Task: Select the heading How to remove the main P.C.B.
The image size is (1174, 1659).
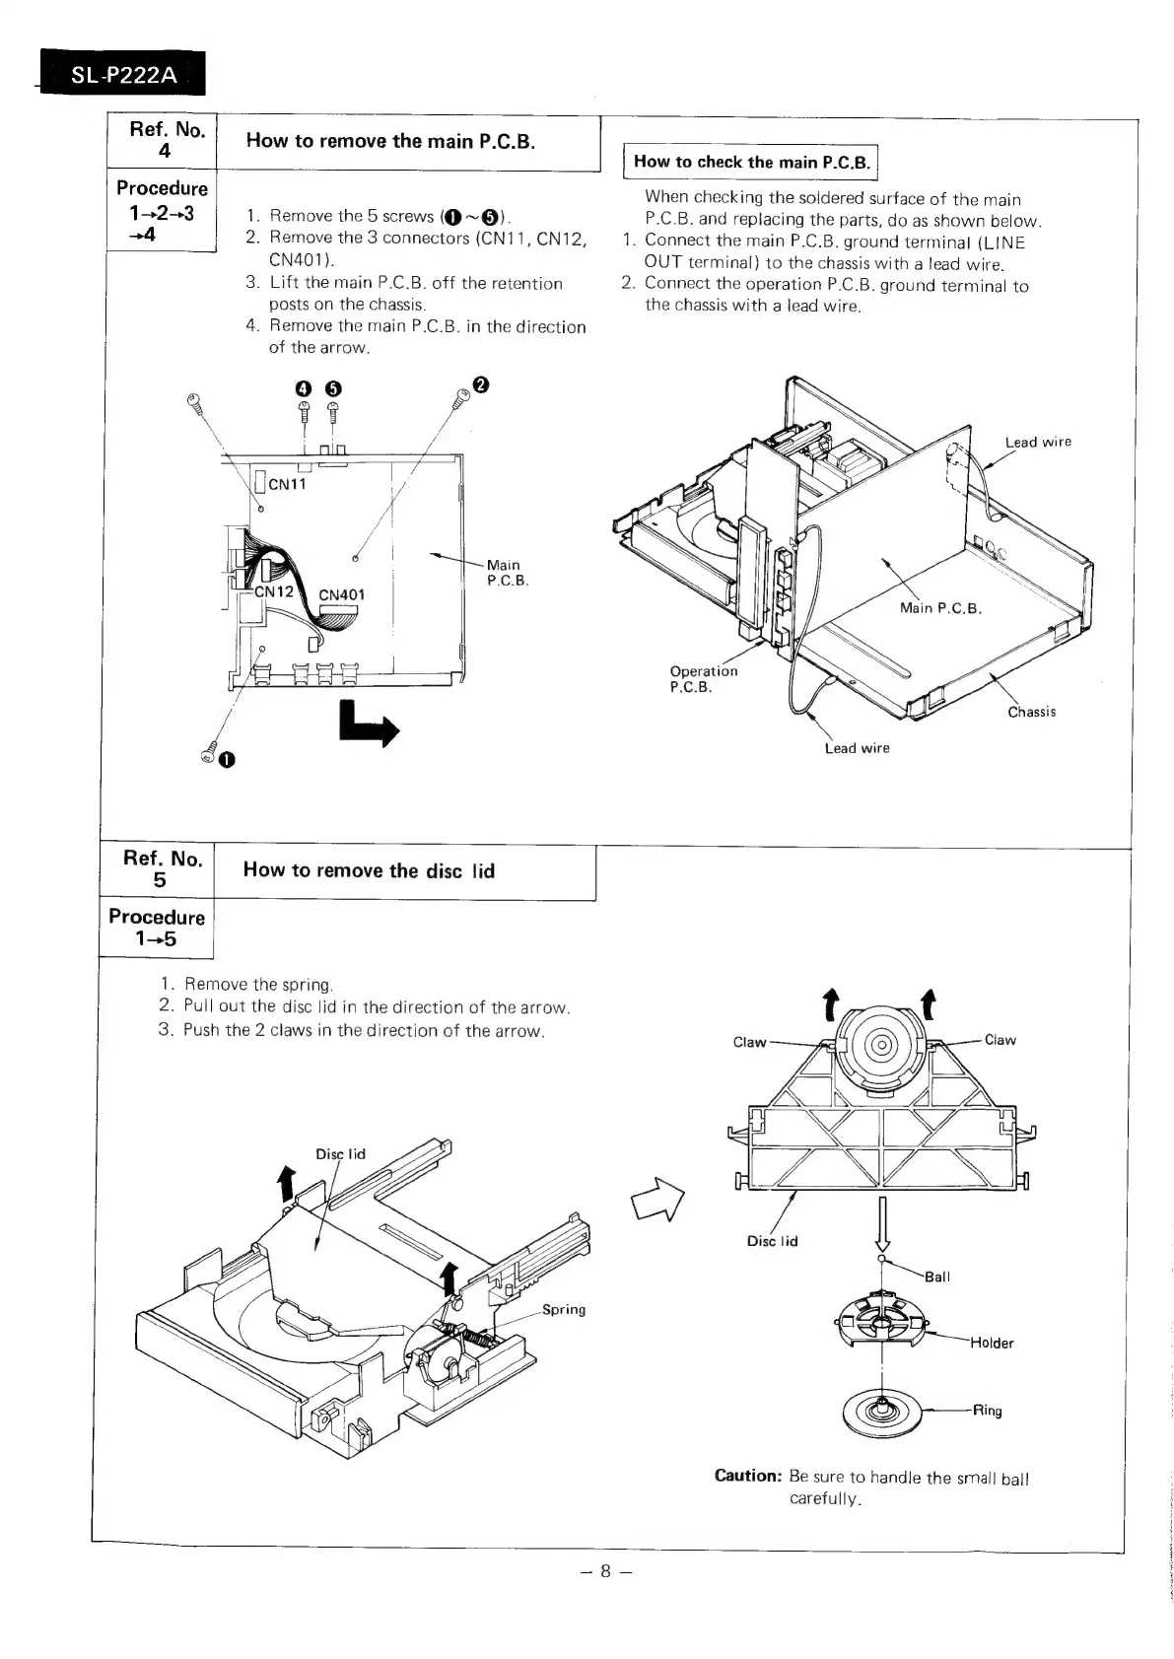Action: (390, 141)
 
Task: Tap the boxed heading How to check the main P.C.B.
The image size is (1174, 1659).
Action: (751, 162)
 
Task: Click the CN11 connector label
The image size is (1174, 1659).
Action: (287, 484)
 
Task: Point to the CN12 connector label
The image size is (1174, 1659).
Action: (274, 592)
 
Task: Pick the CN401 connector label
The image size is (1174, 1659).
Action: (341, 594)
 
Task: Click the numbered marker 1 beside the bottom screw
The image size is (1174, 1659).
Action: (227, 758)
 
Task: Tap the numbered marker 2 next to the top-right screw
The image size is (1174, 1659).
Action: (480, 383)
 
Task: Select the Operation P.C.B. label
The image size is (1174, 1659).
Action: (703, 679)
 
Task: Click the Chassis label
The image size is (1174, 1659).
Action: (1031, 712)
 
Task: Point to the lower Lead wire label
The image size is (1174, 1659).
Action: (857, 748)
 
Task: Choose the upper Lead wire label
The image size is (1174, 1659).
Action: (1038, 442)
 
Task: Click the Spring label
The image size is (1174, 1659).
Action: (564, 1309)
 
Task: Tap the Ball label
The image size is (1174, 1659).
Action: (937, 1277)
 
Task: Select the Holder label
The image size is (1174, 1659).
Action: (992, 1343)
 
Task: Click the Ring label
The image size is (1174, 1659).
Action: (987, 1411)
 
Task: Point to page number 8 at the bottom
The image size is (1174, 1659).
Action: (605, 1571)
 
